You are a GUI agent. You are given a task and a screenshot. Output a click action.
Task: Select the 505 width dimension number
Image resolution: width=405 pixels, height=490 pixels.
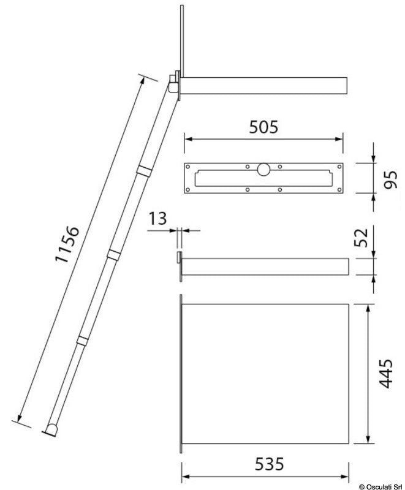pos(263,127)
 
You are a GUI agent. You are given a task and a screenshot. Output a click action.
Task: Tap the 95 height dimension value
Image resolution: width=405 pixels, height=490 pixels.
pos(391,179)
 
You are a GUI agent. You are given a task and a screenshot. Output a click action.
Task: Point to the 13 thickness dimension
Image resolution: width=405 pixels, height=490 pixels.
pos(157,219)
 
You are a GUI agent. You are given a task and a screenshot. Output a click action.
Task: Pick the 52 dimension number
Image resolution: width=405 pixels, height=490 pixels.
pos(361,238)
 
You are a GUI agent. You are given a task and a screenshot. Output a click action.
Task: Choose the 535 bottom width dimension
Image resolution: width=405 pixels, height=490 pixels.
pos(270,464)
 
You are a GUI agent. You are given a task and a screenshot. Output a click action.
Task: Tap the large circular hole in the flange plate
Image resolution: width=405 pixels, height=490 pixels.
pos(263,169)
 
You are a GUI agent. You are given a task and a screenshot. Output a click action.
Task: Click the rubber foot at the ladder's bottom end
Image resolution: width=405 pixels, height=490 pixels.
pos(51,429)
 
